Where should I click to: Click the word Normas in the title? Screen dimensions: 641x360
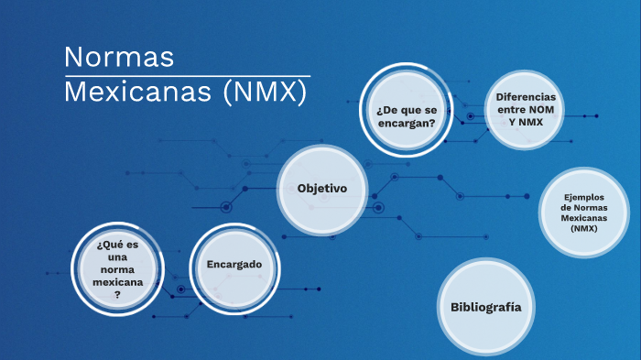click(x=119, y=57)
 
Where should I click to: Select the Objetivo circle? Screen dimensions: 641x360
click(x=322, y=189)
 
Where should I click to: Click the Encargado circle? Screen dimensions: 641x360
click(x=234, y=265)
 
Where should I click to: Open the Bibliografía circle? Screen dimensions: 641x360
click(x=485, y=307)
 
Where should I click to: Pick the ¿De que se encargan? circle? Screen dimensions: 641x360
click(x=405, y=115)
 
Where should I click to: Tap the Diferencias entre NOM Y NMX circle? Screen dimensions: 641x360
click(x=526, y=109)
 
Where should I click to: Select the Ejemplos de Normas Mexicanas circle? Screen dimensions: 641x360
click(x=583, y=213)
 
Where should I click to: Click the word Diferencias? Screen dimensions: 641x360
click(x=526, y=97)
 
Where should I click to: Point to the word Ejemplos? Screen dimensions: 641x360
click(x=583, y=196)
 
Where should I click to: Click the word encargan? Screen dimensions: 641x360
click(x=405, y=123)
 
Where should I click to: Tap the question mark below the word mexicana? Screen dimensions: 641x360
click(x=117, y=295)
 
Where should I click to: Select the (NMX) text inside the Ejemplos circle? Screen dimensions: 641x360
click(x=583, y=229)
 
